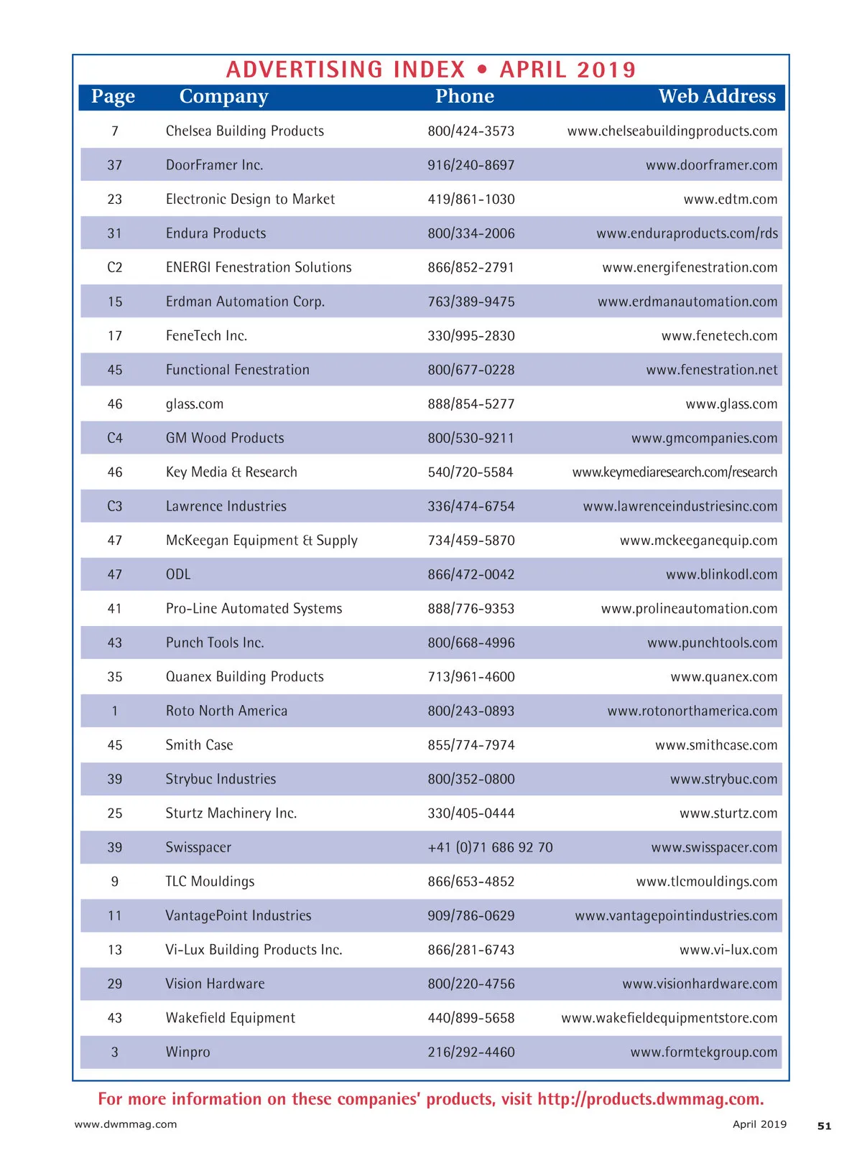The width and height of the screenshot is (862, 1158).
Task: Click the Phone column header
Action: (464, 96)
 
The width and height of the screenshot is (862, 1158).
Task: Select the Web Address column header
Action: (716, 96)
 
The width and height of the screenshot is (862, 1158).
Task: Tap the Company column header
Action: (223, 96)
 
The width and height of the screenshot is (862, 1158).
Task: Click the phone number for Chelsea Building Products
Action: (471, 131)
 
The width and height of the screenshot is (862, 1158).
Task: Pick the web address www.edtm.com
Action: (730, 199)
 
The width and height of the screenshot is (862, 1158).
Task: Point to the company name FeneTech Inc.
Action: (206, 335)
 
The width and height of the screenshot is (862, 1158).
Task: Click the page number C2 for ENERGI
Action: (115, 267)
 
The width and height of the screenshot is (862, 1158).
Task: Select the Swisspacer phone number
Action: (490, 847)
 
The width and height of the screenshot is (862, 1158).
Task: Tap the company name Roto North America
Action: (226, 711)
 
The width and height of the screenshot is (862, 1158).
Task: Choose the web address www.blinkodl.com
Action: (721, 574)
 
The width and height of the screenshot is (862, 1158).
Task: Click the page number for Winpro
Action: (115, 1052)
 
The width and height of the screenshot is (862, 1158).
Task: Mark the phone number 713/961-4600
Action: (471, 676)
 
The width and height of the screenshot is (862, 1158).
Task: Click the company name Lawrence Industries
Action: (226, 506)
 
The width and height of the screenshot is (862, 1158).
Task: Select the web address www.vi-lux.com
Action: (728, 950)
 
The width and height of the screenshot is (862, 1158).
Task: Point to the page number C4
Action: (115, 438)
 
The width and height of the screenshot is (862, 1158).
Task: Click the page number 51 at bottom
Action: (824, 1126)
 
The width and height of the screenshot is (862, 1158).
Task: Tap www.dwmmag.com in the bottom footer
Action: (126, 1124)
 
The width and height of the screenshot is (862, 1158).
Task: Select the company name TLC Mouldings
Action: (210, 882)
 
